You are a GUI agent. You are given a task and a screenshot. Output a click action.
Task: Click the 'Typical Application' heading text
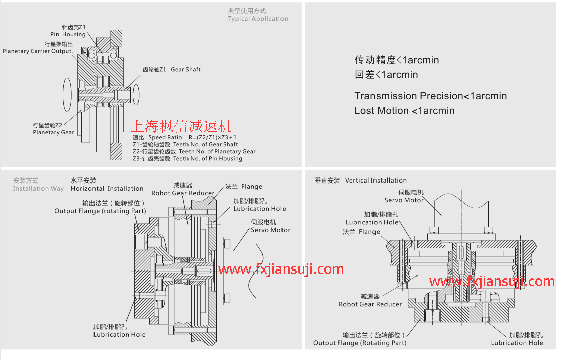click(258, 19)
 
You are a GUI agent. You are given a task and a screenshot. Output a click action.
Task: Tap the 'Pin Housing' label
click(68, 35)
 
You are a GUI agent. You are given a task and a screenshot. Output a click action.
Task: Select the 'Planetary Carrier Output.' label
click(38, 51)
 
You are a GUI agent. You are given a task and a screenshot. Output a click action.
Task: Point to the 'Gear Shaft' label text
click(185, 70)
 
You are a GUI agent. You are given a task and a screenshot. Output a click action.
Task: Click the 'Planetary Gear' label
click(53, 132)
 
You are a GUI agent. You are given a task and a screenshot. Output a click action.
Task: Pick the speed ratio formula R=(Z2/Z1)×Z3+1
click(213, 137)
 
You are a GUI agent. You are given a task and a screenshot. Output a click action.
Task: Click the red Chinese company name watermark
click(181, 126)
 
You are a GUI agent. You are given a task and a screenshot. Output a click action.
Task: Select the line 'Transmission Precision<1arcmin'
click(430, 96)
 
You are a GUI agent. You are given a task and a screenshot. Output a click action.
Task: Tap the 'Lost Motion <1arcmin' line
click(404, 110)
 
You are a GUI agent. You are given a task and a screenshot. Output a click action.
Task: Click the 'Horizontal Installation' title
click(107, 188)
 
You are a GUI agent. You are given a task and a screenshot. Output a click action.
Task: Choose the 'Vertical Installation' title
click(376, 181)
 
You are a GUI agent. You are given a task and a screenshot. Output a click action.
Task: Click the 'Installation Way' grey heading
click(38, 188)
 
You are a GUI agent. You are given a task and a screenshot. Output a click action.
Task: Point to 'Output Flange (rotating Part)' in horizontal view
click(100, 211)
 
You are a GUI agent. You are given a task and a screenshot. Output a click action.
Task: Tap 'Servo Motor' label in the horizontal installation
click(270, 230)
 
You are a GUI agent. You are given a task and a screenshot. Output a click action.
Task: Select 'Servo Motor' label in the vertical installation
click(404, 200)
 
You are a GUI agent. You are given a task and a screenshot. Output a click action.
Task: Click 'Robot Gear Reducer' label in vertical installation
click(370, 304)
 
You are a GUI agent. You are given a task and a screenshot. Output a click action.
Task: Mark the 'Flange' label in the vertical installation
click(369, 232)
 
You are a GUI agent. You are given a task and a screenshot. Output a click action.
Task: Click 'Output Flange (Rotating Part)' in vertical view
click(360, 343)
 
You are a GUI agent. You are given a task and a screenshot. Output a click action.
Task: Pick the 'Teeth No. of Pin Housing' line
click(208, 158)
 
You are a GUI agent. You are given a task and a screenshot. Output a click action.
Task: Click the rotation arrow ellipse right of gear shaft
click(136, 95)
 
